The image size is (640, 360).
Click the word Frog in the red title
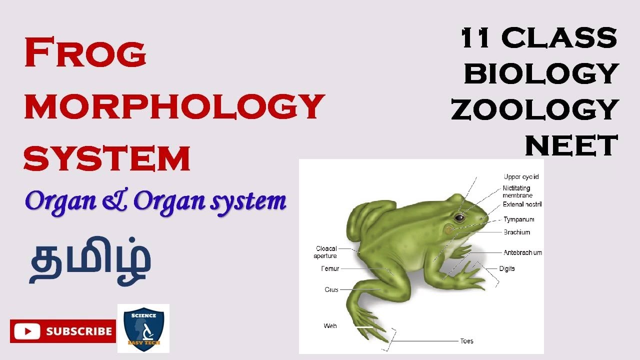click(85, 53)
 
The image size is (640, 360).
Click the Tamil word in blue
click(90, 263)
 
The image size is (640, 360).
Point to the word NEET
click(571, 145)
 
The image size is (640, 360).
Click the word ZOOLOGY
click(535, 109)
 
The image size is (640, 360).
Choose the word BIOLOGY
click(541, 74)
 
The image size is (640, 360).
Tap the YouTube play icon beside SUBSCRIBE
click(27, 331)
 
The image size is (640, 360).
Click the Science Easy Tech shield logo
click(143, 328)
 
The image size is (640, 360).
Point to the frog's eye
click(458, 217)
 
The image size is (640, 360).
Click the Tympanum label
click(518, 219)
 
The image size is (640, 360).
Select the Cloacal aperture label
click(326, 252)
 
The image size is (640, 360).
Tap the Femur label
click(330, 269)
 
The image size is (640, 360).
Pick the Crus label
click(331, 289)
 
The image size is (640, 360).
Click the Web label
click(330, 326)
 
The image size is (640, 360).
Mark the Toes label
click(466, 341)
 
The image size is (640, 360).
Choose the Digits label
click(506, 269)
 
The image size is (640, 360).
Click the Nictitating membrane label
click(517, 192)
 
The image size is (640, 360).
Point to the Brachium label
click(516, 232)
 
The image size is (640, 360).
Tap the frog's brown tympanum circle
click(449, 229)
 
